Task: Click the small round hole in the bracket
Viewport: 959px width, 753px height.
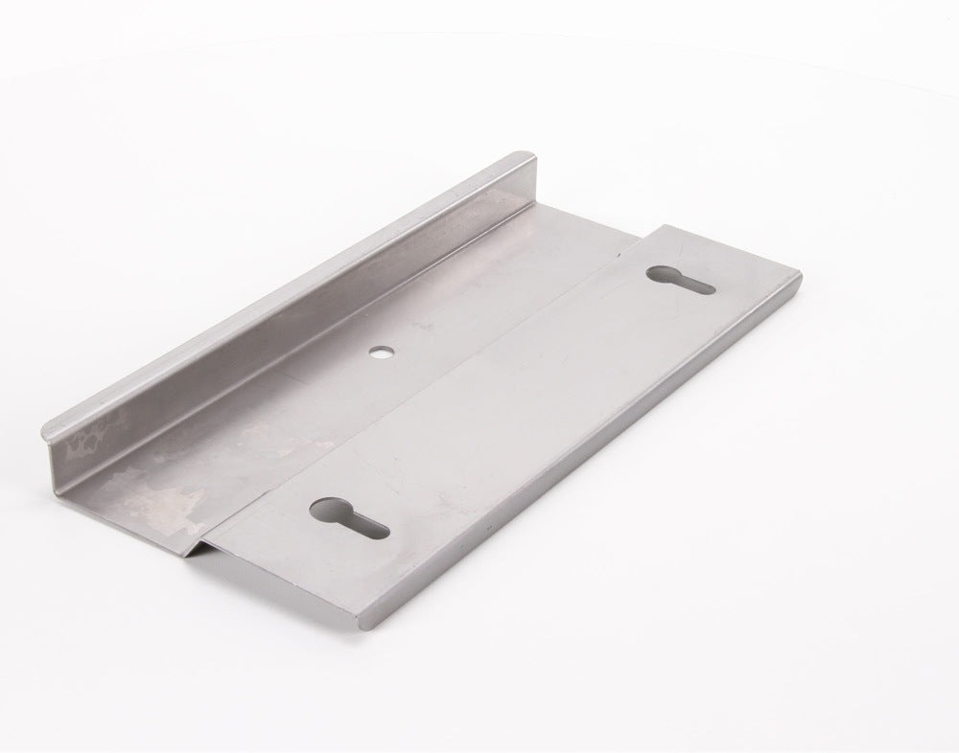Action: click(382, 352)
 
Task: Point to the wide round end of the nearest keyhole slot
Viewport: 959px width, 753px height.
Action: click(329, 509)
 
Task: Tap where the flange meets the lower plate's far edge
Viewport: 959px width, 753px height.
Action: click(533, 203)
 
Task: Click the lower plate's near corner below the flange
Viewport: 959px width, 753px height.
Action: click(182, 554)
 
